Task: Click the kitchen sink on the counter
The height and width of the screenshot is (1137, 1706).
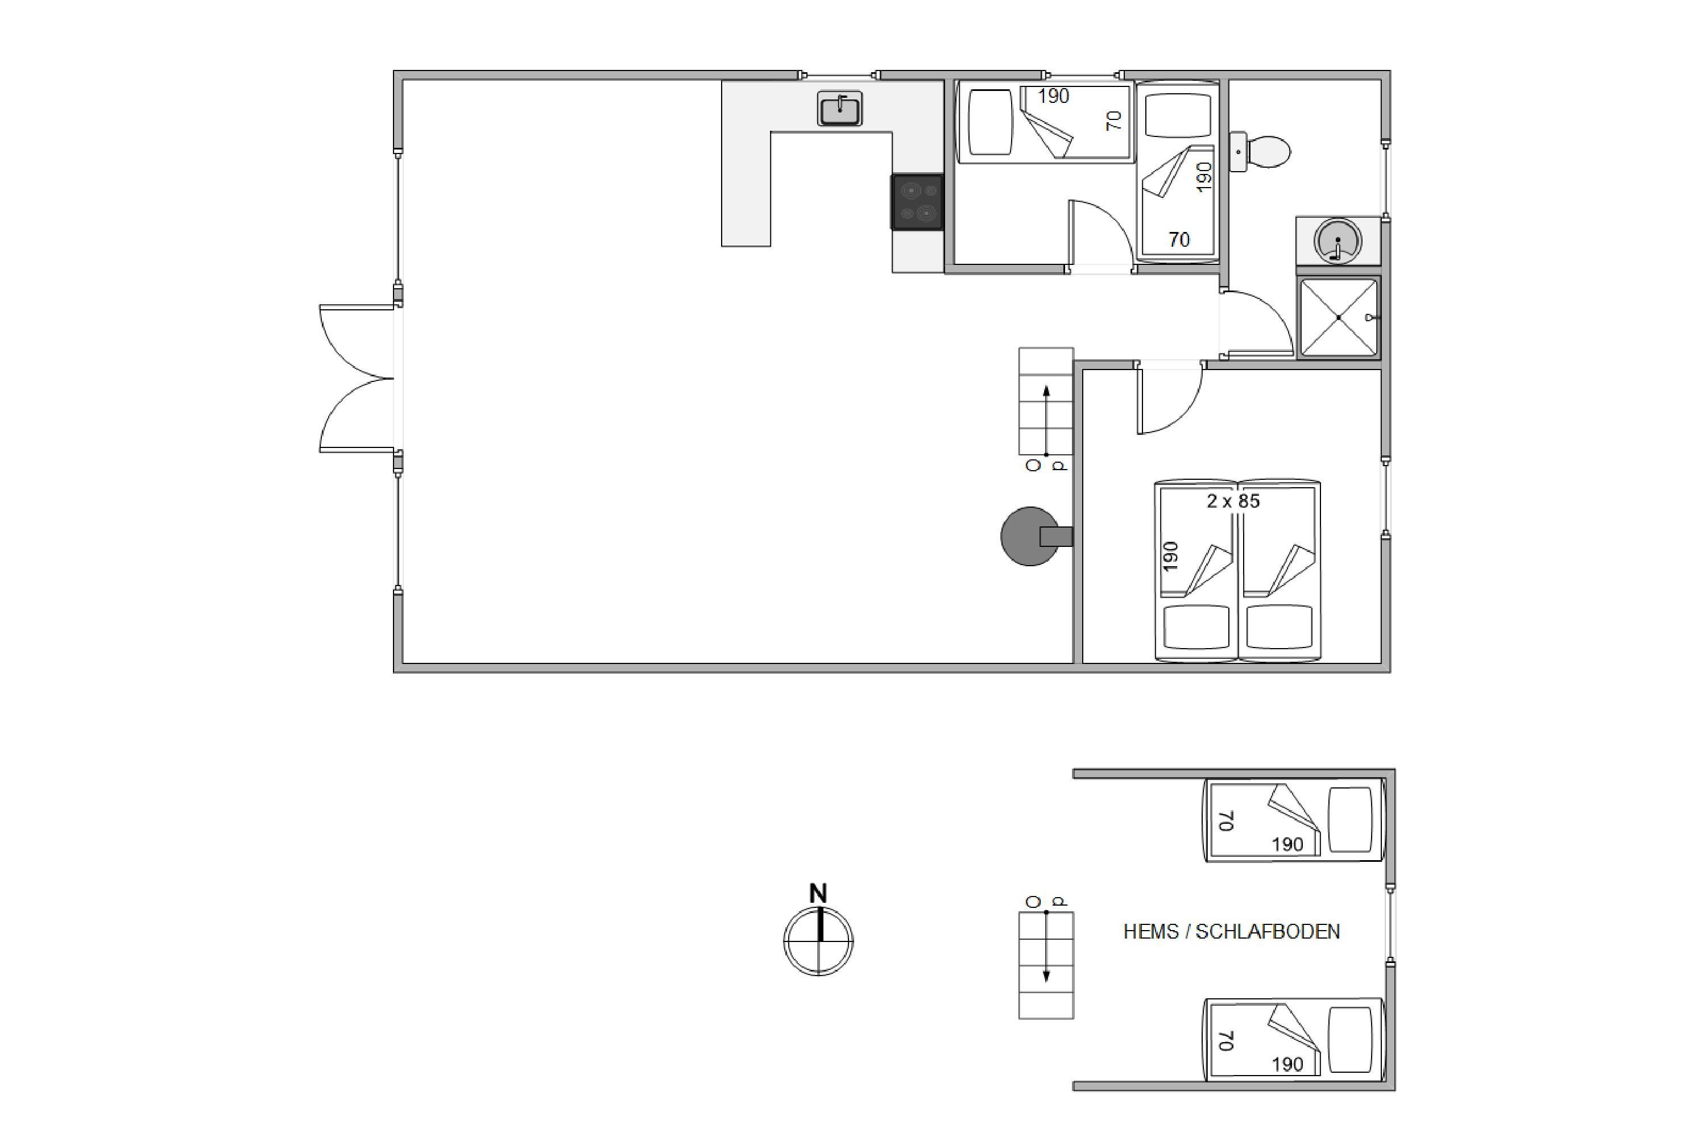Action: coord(839,109)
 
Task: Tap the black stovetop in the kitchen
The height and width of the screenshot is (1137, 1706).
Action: coord(918,202)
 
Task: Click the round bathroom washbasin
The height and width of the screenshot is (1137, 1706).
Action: coord(1338,240)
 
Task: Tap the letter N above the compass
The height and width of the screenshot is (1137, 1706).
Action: coord(818,893)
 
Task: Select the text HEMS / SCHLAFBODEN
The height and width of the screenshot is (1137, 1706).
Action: coord(1232,932)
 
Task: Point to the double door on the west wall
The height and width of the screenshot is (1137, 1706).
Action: coord(357,378)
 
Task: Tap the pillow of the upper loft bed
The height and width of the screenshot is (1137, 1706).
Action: coord(1350,820)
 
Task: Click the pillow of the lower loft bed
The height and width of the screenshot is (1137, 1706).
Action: coord(1350,1040)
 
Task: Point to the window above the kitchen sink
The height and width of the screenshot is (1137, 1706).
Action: coord(839,74)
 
